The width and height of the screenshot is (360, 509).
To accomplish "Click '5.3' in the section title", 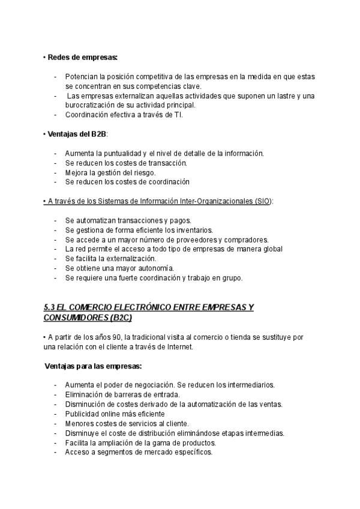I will [50, 307].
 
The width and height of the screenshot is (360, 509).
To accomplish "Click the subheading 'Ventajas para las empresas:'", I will [93, 366].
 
